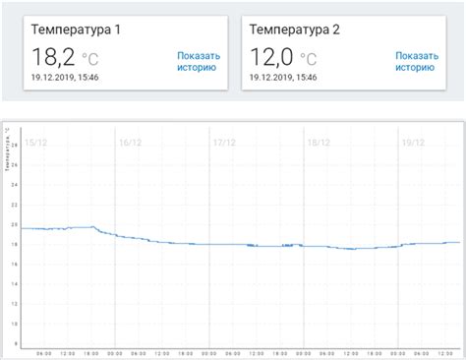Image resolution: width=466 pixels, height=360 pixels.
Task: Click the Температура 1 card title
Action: click(x=77, y=29)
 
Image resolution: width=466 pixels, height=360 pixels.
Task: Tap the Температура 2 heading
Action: click(x=295, y=29)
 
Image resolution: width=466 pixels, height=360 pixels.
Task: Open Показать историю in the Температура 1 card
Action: click(x=201, y=63)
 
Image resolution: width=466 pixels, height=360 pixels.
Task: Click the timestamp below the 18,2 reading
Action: click(x=71, y=77)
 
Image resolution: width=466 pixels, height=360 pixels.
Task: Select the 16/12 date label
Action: click(x=130, y=143)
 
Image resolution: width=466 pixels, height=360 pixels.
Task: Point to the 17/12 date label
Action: click(x=225, y=143)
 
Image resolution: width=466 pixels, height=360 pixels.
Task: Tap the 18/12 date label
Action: click(x=320, y=143)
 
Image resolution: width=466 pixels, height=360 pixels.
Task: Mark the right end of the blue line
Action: click(x=459, y=242)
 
